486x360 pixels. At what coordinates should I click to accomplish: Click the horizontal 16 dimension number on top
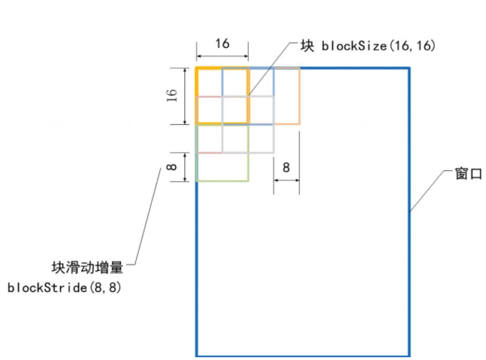coord(222,44)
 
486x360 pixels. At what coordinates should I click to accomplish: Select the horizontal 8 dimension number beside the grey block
coord(286,167)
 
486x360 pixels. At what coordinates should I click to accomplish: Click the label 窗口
coord(469,174)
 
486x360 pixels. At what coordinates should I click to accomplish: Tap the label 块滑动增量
coord(88,268)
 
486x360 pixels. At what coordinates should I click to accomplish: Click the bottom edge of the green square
coord(222,181)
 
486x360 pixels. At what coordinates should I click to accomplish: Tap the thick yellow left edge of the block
coord(197,96)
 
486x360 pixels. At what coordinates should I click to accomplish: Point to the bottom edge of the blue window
coord(302,355)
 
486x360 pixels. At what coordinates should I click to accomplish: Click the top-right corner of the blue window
coord(409,68)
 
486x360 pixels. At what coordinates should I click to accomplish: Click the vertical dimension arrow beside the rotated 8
coord(186,167)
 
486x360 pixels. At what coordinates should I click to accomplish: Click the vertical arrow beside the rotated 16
coord(186,96)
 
